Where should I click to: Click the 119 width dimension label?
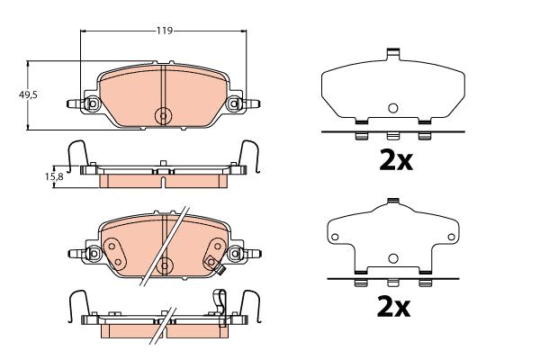point(165,31)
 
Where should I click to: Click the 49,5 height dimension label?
point(28,94)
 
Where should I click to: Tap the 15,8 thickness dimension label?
point(54,176)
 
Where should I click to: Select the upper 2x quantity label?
point(396,161)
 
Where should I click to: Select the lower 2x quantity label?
point(393,307)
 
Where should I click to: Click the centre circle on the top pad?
point(164,115)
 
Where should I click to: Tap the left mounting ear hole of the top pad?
point(93,103)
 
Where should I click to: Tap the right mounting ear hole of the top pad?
point(235,103)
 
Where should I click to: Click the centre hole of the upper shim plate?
point(393,108)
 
